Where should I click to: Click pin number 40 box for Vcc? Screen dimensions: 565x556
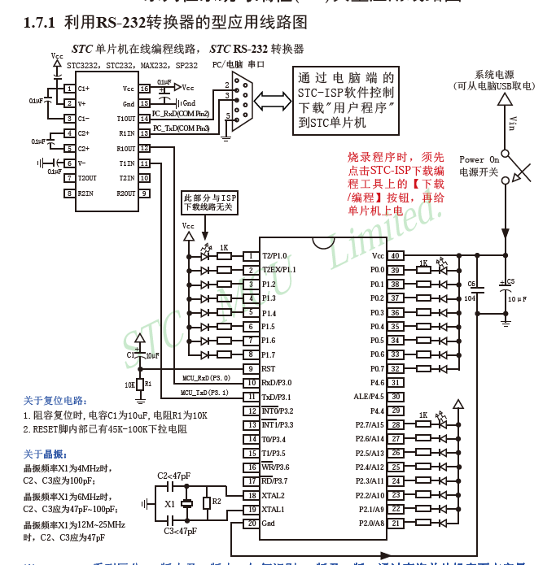pos(394,255)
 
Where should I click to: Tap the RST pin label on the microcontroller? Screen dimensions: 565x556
pos(268,368)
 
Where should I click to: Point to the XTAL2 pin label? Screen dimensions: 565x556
pos(274,495)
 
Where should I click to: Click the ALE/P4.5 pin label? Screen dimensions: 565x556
pos(368,397)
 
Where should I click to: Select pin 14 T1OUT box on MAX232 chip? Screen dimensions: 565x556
pos(144,119)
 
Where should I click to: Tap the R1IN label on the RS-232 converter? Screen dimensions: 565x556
pos(126,133)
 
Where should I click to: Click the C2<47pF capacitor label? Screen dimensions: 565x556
pos(173,476)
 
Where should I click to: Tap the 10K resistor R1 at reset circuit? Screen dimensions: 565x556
pos(139,384)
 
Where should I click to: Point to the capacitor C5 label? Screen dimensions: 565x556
pos(511,281)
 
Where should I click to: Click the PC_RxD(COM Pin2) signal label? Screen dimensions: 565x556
pos(181,115)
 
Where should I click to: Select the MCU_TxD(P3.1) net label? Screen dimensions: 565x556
pos(205,393)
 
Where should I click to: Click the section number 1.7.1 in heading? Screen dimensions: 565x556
pos(40,23)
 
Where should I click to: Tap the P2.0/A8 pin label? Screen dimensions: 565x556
pos(370,523)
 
